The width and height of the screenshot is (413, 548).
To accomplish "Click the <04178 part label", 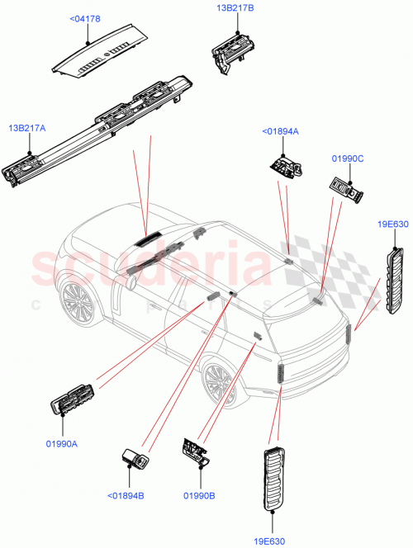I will (x=84, y=17).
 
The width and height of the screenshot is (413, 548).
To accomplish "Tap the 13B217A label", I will (x=26, y=128).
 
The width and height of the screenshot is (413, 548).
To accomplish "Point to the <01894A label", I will (x=280, y=131).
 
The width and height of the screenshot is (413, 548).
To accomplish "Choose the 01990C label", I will (x=347, y=157).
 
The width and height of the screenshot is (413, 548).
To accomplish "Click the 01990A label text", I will (x=61, y=444).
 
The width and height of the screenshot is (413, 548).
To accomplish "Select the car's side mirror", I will (x=130, y=282).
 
